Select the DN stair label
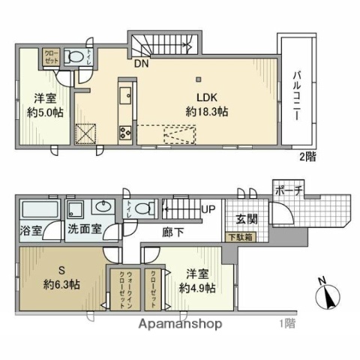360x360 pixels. pyautogui.click(x=141, y=64)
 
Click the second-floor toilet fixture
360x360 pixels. pyautogui.click(x=75, y=57)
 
